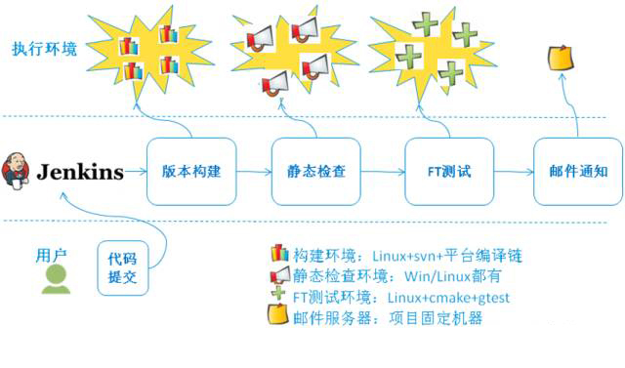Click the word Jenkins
pyautogui.click(x=81, y=173)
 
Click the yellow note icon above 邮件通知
pyautogui.click(x=561, y=56)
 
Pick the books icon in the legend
pyautogui.click(x=279, y=256)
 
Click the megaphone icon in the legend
pyautogui.click(x=279, y=277)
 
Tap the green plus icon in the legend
pyautogui.click(x=279, y=297)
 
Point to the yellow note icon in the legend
pyautogui.click(x=279, y=317)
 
